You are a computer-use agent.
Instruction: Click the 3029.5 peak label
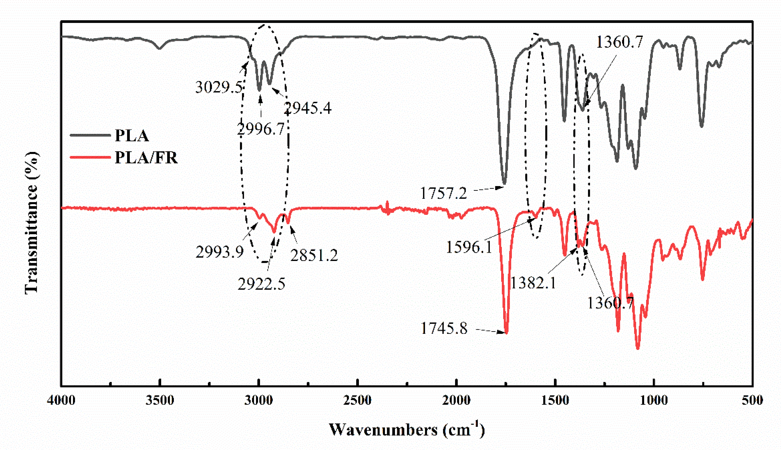[x=219, y=87]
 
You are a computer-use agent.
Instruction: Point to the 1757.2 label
[x=443, y=194]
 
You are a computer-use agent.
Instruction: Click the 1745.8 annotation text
[x=444, y=328]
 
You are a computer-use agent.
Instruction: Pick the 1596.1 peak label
[x=469, y=247]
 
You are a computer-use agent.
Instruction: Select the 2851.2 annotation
[x=314, y=255]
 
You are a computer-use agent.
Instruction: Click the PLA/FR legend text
[x=146, y=158]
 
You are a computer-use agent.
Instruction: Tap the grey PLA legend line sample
[x=90, y=135]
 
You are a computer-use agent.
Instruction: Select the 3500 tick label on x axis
[x=160, y=401]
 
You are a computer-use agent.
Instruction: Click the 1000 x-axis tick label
[x=654, y=401]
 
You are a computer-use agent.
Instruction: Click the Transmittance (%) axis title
[x=32, y=222]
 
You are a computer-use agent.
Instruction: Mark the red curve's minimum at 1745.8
[x=506, y=333]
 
